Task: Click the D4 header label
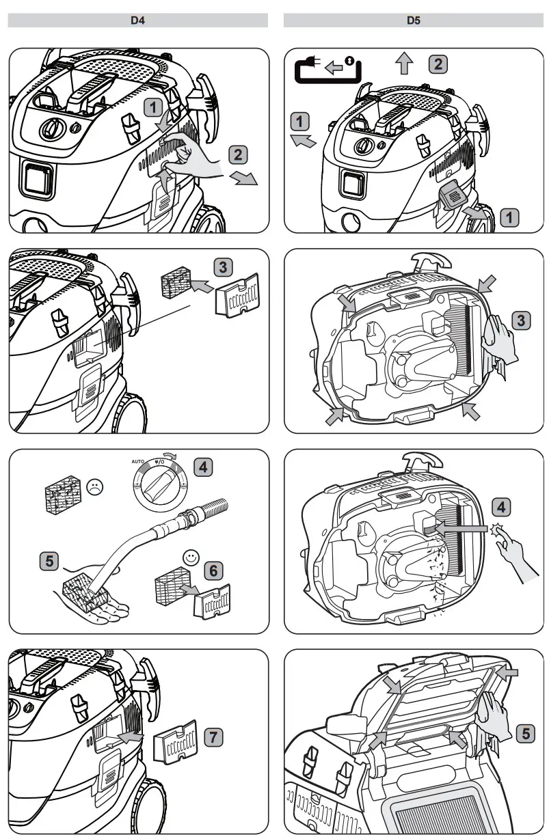tap(138, 20)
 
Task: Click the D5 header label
tap(412, 20)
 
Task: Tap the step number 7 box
tap(214, 737)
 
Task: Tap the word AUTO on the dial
tap(139, 462)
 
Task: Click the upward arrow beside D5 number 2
tap(405, 65)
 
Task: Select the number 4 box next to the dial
tap(202, 467)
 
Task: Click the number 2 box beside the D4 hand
tap(237, 154)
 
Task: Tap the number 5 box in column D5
tap(524, 734)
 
